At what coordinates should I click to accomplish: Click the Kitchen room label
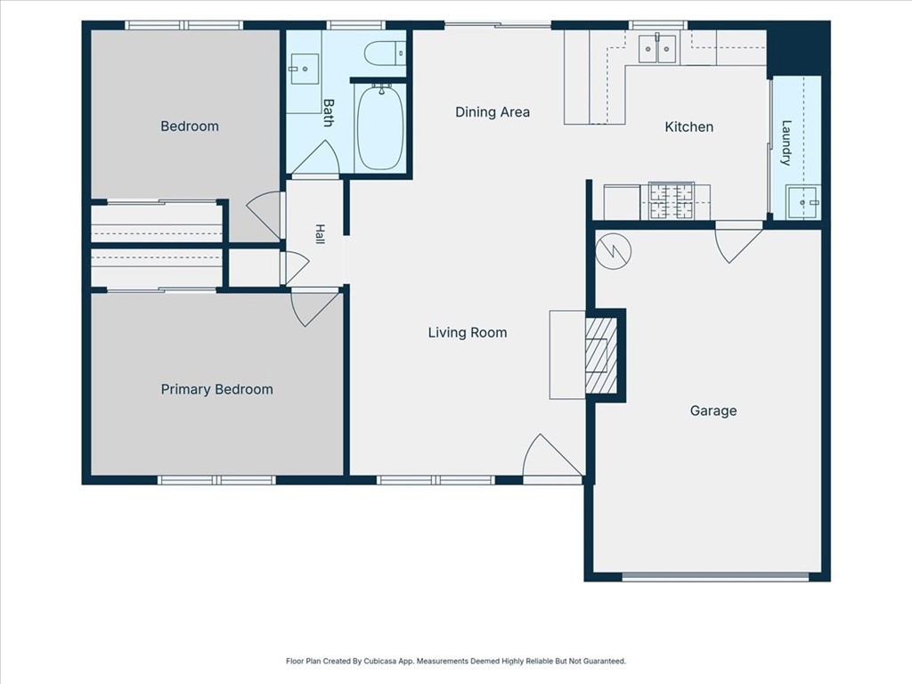pos(688,126)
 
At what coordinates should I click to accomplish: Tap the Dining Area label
pos(492,111)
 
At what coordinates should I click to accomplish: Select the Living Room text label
pos(468,333)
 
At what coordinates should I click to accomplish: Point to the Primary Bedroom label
pos(217,389)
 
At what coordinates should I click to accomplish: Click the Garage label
pos(713,411)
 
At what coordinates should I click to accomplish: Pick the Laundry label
pos(786,143)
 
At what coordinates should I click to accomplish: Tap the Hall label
pos(320,234)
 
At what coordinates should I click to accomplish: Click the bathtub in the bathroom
pos(380,127)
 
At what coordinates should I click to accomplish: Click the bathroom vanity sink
pos(304,69)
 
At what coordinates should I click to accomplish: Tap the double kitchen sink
pos(658,48)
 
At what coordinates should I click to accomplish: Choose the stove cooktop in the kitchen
pos(672,201)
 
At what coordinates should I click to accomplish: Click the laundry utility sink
pos(802,202)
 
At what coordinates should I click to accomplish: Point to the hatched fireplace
pos(601,354)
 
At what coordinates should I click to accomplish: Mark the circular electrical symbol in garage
pos(614,250)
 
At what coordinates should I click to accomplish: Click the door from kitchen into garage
pos(737,242)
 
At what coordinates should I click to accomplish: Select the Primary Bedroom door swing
pos(314,307)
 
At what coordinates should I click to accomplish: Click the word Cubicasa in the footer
pos(379,662)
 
